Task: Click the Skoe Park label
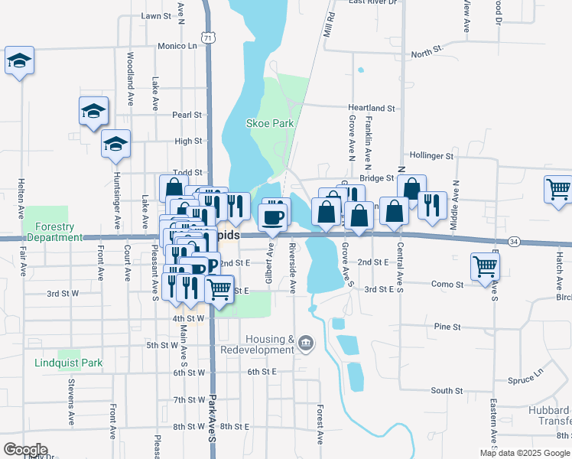(x=270, y=122)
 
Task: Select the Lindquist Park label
(x=68, y=363)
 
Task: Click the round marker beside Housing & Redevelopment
(x=306, y=342)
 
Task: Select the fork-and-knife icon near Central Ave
(x=432, y=206)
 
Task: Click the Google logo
(x=25, y=449)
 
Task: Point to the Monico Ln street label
(x=177, y=46)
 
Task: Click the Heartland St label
(x=372, y=109)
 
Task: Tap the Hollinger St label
(x=431, y=155)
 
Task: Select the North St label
(x=427, y=53)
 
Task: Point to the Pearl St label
(x=187, y=115)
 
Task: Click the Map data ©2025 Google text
(x=525, y=453)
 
